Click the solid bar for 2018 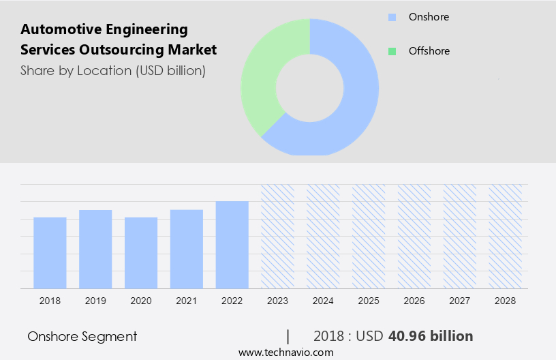pyautogui.click(x=50, y=252)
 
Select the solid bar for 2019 pyautogui.click(x=95, y=249)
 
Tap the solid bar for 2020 pyautogui.click(x=141, y=252)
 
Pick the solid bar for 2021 pyautogui.click(x=187, y=249)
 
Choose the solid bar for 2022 pyautogui.click(x=232, y=244)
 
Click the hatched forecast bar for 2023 pyautogui.click(x=277, y=236)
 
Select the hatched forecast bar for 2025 pyautogui.click(x=369, y=236)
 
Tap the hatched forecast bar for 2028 pyautogui.click(x=506, y=236)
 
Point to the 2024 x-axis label pyautogui.click(x=323, y=300)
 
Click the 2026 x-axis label pyautogui.click(x=414, y=300)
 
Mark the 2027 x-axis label pyautogui.click(x=460, y=300)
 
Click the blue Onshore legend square pyautogui.click(x=391, y=17)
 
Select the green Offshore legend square pyautogui.click(x=391, y=51)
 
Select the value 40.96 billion pyautogui.click(x=430, y=336)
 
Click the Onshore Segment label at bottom pyautogui.click(x=82, y=336)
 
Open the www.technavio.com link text pyautogui.click(x=286, y=352)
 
